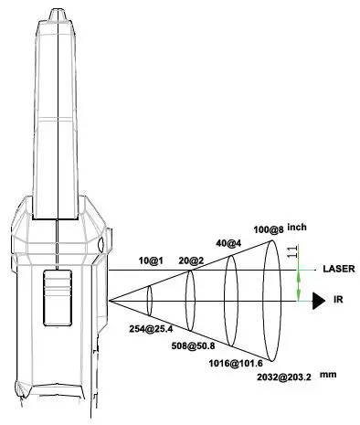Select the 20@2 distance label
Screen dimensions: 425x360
click(190, 260)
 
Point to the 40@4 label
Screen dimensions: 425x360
click(228, 244)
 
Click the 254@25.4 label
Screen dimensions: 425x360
click(152, 328)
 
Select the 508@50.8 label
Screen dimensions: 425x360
click(194, 345)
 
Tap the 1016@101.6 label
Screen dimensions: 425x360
click(234, 361)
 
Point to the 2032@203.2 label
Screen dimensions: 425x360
click(275, 377)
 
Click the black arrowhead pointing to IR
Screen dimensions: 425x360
click(319, 298)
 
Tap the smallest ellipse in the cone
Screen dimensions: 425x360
click(150, 298)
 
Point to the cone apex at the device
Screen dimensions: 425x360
click(110, 298)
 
